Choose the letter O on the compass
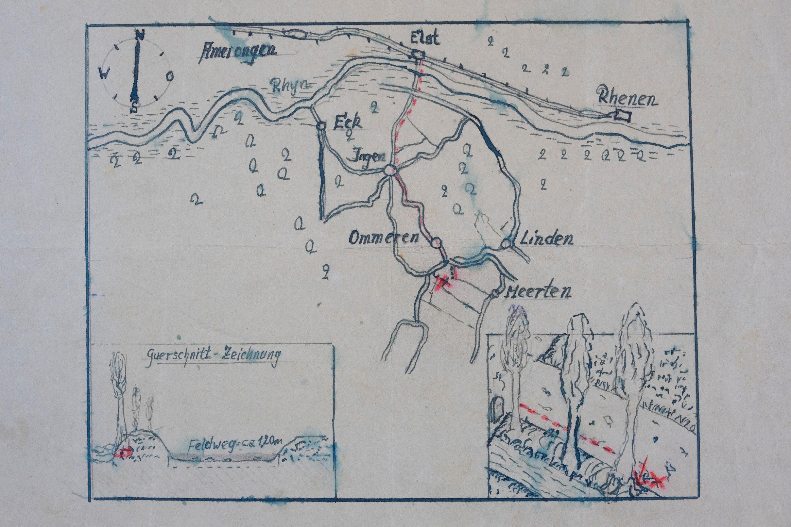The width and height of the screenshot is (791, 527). click(x=170, y=76)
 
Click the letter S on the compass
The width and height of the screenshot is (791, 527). click(x=134, y=107)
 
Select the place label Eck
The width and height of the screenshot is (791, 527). click(x=347, y=124)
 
